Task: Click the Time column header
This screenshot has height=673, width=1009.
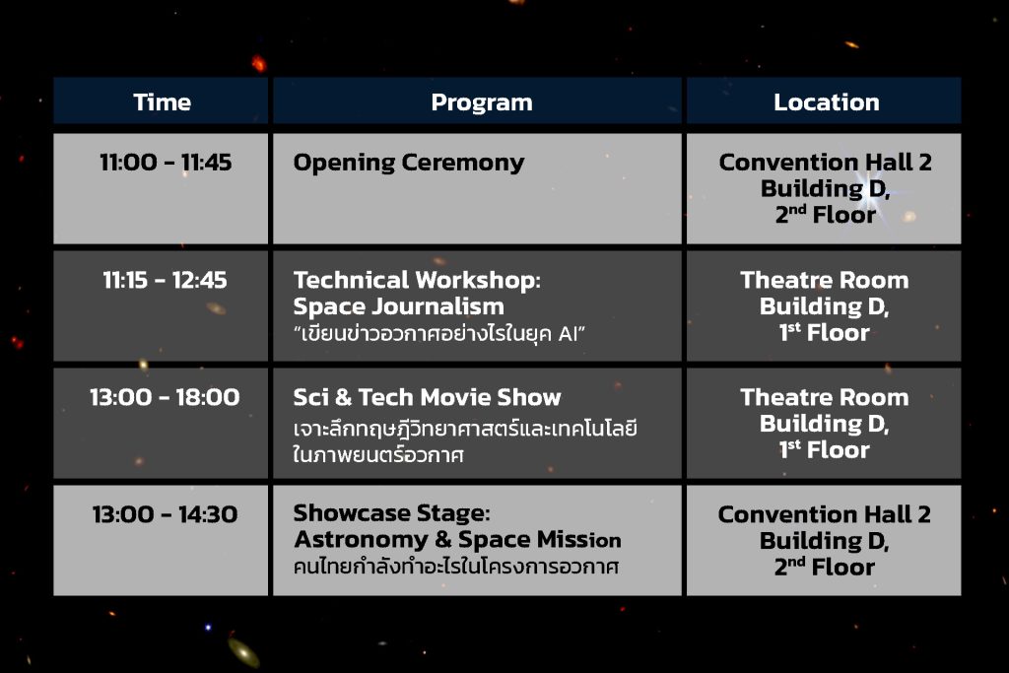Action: click(x=163, y=102)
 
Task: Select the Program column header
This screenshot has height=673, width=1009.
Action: click(x=481, y=102)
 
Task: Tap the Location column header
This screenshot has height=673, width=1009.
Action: click(x=827, y=102)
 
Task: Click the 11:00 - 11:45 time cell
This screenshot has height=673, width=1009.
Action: click(x=166, y=163)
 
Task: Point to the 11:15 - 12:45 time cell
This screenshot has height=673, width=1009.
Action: click(x=165, y=280)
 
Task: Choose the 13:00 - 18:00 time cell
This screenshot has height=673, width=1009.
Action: click(x=165, y=397)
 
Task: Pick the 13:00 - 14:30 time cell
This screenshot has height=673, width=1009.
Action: click(x=165, y=514)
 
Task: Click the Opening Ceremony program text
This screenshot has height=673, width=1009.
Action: click(x=409, y=164)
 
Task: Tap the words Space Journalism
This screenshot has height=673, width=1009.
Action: click(x=398, y=306)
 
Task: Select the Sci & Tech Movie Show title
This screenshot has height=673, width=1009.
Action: click(x=428, y=397)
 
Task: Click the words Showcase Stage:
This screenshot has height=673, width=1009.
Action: click(x=391, y=513)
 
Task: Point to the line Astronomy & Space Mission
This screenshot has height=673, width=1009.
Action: click(x=457, y=540)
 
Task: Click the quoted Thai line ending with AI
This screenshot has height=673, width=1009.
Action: click(x=439, y=334)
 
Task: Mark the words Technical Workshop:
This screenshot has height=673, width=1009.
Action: click(x=417, y=281)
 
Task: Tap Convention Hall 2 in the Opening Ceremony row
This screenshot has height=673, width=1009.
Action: click(x=826, y=163)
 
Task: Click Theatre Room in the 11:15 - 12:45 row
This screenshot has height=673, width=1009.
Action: click(x=825, y=280)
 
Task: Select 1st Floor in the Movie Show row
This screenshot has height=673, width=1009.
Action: click(x=825, y=449)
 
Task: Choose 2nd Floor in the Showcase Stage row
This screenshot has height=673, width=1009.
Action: click(x=825, y=567)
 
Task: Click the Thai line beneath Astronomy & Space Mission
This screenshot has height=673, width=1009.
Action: click(x=455, y=567)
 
